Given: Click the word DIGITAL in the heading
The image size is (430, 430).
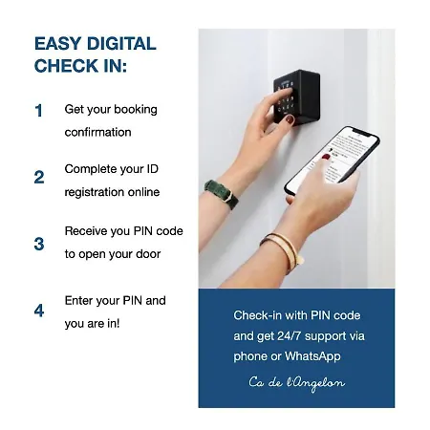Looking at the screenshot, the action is click(x=121, y=43).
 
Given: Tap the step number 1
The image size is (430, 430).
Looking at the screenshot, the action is click(x=38, y=111).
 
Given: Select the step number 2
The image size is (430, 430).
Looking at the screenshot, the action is click(x=39, y=177).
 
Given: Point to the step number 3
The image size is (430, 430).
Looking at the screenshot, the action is click(x=39, y=244).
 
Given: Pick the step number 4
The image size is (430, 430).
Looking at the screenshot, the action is click(x=39, y=311).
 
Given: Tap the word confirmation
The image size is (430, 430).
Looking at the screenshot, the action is click(x=97, y=132).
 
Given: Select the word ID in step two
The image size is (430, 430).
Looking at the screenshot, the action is click(x=152, y=169).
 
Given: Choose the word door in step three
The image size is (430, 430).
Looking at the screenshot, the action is click(x=148, y=254).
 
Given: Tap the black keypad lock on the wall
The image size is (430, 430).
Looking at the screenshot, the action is click(x=297, y=97).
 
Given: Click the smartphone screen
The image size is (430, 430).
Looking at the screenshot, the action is click(x=333, y=160).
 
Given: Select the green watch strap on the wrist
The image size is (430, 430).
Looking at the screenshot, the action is click(x=222, y=194).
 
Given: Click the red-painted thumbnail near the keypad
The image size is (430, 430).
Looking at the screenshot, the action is click(x=290, y=119).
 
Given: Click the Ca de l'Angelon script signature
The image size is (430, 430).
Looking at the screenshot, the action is click(x=296, y=383).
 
